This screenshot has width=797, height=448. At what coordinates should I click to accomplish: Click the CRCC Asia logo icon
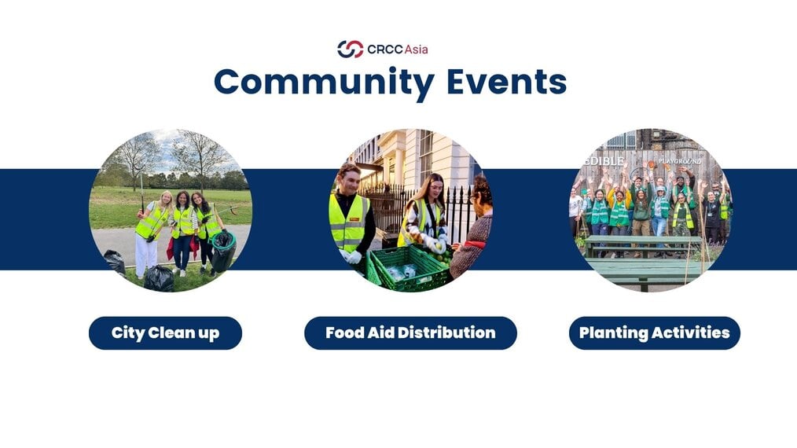point(351,50)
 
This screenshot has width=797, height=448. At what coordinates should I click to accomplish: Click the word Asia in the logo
point(417,50)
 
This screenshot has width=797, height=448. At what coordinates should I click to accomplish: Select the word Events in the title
point(507,82)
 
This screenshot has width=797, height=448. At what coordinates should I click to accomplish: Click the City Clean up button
point(165,333)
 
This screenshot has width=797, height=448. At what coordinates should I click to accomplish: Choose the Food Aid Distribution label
point(411,333)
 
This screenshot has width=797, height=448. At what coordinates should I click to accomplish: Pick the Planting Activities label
point(655,333)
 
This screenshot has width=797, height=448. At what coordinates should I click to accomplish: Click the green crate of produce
point(410,268)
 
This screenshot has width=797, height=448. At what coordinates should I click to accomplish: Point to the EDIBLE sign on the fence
point(605,160)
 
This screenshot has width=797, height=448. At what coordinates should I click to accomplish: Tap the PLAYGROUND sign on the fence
point(680,161)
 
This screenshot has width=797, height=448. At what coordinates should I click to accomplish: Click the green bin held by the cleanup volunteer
point(223,251)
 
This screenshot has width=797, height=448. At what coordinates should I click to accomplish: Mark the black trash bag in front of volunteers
point(159,279)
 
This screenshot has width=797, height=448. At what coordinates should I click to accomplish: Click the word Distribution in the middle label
point(446,332)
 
